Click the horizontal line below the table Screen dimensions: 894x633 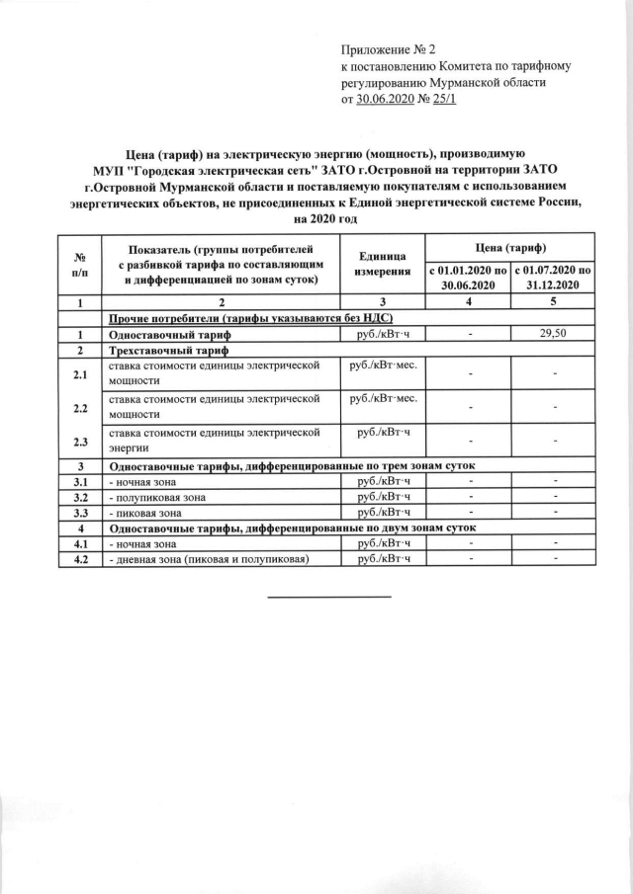point(330,596)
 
